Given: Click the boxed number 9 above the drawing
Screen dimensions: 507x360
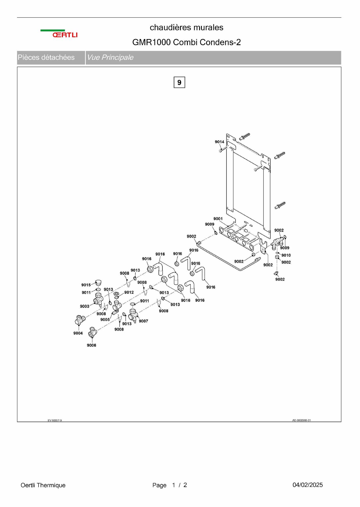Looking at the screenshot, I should tap(179, 82).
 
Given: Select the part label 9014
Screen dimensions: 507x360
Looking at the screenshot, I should tap(219, 142).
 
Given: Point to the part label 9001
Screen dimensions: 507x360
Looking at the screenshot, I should tap(218, 219).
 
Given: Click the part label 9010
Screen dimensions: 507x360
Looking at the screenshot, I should tap(286, 255).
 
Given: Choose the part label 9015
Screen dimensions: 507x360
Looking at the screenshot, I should tap(86, 285).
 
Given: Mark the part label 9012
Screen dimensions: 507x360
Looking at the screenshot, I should tap(129, 292).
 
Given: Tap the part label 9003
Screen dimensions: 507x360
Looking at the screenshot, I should tap(85, 306).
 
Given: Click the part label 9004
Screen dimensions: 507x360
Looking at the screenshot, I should tap(78, 333).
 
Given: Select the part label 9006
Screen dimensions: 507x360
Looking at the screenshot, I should tap(91, 345).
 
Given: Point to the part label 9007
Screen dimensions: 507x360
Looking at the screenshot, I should tap(143, 321).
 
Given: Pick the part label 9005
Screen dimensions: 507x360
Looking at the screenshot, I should tap(105, 320).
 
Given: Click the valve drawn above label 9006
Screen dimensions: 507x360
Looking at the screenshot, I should tap(92, 332).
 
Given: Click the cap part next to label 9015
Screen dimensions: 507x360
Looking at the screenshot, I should tap(98, 282).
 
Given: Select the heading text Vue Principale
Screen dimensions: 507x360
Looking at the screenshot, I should tap(110, 57).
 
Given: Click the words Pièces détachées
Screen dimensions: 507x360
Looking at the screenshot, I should tap(46, 57).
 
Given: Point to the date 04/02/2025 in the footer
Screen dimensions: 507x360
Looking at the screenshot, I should tap(307, 485).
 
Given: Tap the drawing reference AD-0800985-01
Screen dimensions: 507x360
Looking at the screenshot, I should tap(301, 420).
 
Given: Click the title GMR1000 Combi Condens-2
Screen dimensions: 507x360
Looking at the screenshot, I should tap(186, 42).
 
